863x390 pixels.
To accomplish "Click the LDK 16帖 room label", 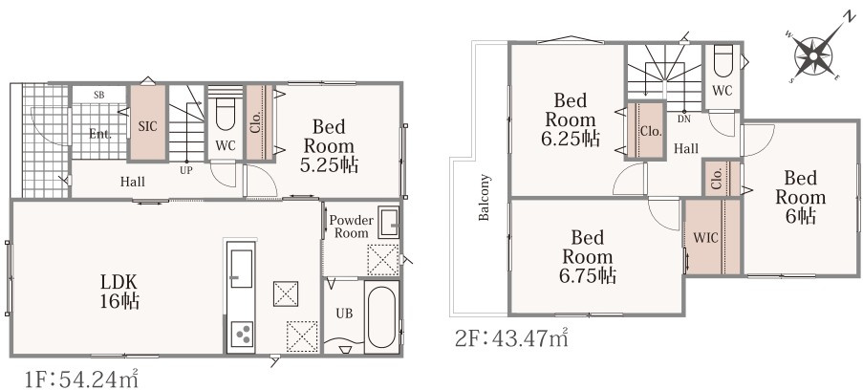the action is (119, 292).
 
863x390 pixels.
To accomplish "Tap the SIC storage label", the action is (147, 126).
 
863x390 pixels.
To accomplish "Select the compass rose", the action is (814, 54).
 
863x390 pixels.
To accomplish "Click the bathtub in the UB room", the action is (380, 316).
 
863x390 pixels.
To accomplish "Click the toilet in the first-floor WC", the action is (226, 115).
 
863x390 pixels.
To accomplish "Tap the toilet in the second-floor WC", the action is (723, 61).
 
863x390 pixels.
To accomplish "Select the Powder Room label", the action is (351, 227).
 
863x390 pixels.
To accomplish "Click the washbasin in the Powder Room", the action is (389, 222).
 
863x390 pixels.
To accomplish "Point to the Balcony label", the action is (484, 197).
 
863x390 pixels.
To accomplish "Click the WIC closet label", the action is (705, 238).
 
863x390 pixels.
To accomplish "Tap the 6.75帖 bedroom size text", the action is (587, 275).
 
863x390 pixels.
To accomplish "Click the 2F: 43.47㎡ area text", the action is (511, 337).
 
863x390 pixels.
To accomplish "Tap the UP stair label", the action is (186, 171).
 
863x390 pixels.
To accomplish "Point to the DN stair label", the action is (684, 119).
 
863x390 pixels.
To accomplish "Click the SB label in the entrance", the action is (99, 95).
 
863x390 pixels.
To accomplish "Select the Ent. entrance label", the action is (99, 133).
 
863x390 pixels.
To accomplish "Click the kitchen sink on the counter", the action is (241, 269).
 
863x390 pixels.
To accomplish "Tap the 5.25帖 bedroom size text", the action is (329, 164).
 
